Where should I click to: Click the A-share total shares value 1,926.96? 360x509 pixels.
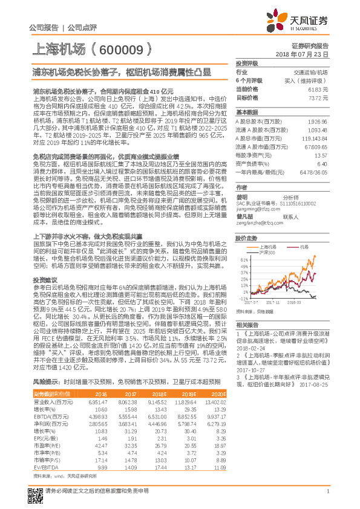tap(317, 122)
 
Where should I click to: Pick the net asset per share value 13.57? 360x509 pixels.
tap(321, 155)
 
